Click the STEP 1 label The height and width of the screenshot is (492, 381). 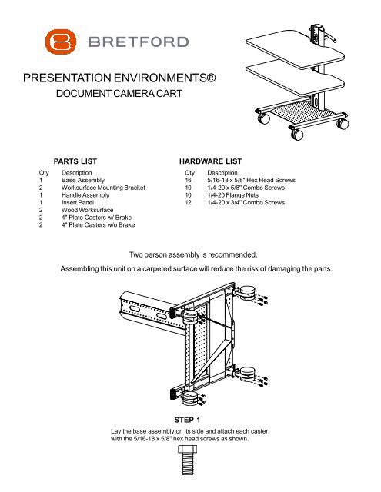(190, 421)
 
